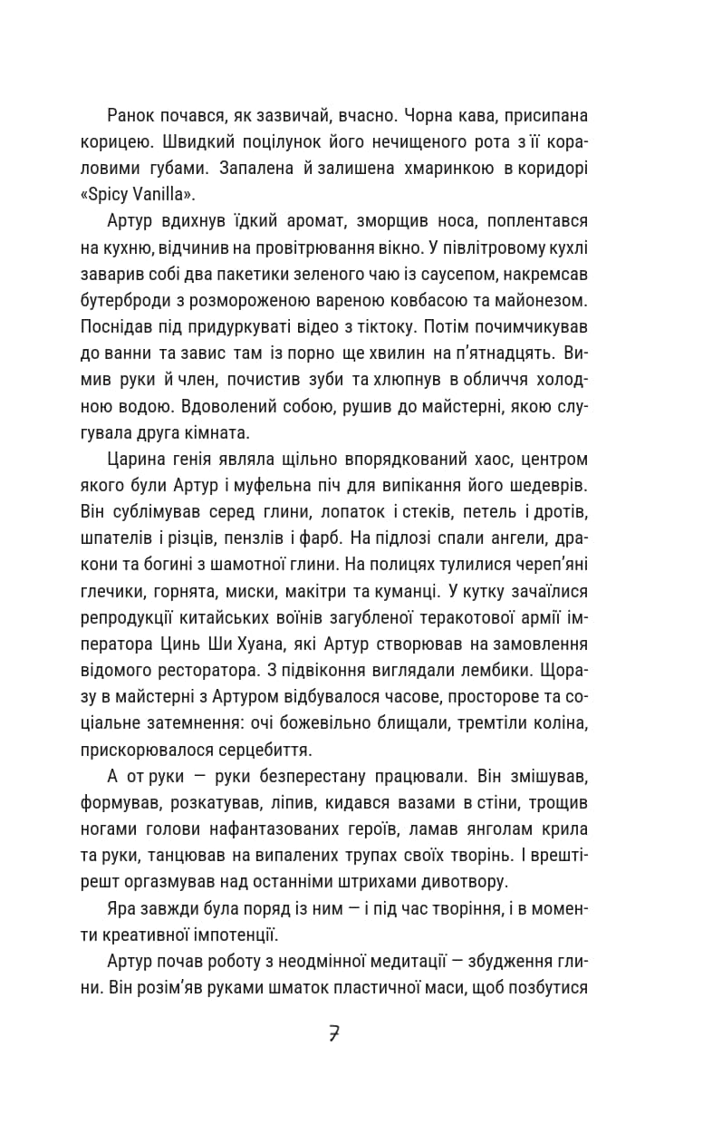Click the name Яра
(120, 907)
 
